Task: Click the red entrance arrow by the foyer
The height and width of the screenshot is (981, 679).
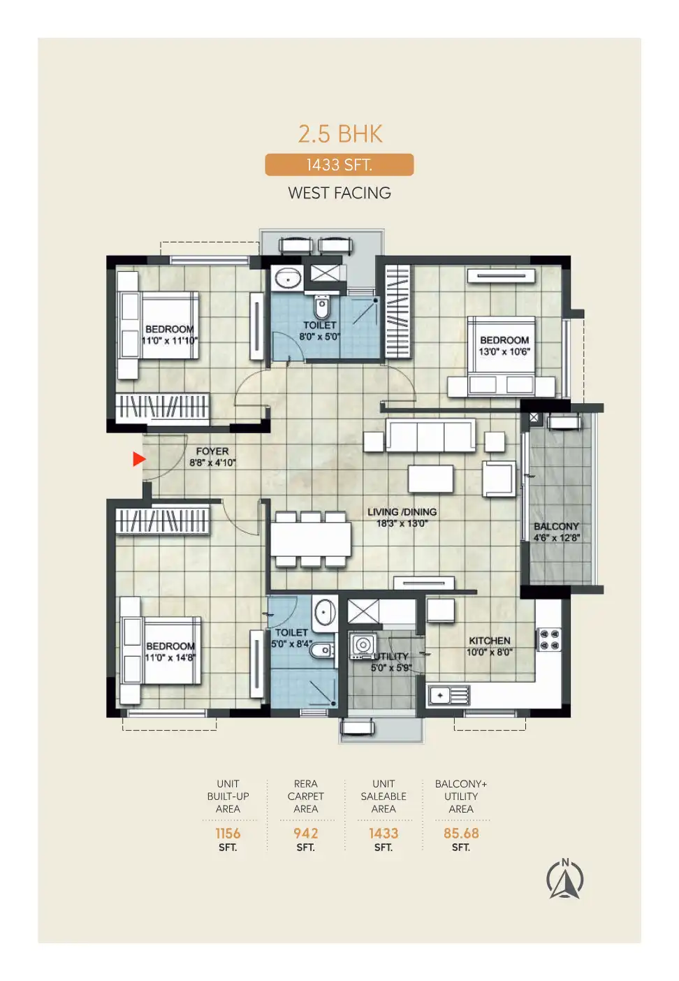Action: pos(139,459)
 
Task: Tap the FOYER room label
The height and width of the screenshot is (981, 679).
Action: pos(212,451)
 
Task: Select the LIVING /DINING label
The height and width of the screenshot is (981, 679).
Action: pos(402,511)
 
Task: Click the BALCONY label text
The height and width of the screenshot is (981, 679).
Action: pos(556,526)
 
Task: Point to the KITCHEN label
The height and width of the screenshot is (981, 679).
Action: pos(490,640)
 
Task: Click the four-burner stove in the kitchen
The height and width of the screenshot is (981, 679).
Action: pos(549,639)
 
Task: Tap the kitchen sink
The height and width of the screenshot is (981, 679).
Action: pos(448,695)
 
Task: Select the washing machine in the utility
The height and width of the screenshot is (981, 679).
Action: pos(363,645)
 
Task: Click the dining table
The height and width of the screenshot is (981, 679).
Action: pos(310,539)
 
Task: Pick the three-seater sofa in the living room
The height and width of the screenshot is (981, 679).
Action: pos(430,435)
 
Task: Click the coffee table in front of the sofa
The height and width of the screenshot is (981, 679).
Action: pos(431,479)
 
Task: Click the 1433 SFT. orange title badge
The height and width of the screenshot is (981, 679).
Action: pos(339,165)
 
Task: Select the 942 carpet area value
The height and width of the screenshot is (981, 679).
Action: pos(305,833)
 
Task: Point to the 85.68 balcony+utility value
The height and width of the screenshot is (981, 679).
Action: pos(461,833)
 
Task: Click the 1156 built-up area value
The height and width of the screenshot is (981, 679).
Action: pos(228,833)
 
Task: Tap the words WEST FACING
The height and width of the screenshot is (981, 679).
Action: pos(339,193)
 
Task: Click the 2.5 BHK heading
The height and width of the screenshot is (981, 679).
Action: pos(340,133)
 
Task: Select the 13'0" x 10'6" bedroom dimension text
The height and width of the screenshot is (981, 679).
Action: pos(504,351)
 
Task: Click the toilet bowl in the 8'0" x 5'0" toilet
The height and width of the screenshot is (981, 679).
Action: pos(321,307)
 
